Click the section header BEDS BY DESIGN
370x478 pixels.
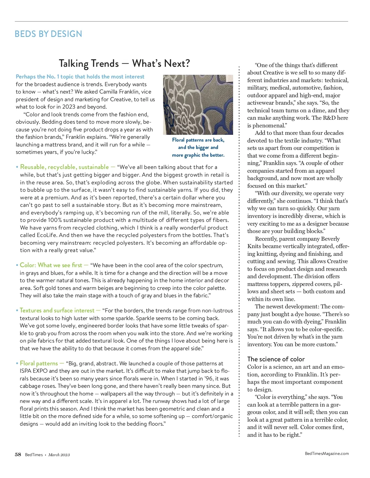click(48, 34)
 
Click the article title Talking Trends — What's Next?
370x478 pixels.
click(124, 63)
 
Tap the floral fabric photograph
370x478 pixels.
click(198, 105)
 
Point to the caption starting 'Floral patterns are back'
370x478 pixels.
click(198, 147)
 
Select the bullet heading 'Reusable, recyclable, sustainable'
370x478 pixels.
click(64, 167)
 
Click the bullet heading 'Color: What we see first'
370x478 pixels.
click(51, 265)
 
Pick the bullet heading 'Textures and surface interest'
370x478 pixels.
click(57, 310)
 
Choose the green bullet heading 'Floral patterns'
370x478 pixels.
click(39, 363)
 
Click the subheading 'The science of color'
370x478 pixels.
click(276, 359)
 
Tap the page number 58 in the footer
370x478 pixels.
click(18, 455)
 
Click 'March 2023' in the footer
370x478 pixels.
click(59, 455)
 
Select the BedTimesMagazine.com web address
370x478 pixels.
click(327, 453)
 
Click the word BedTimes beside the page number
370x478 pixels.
click(34, 455)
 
